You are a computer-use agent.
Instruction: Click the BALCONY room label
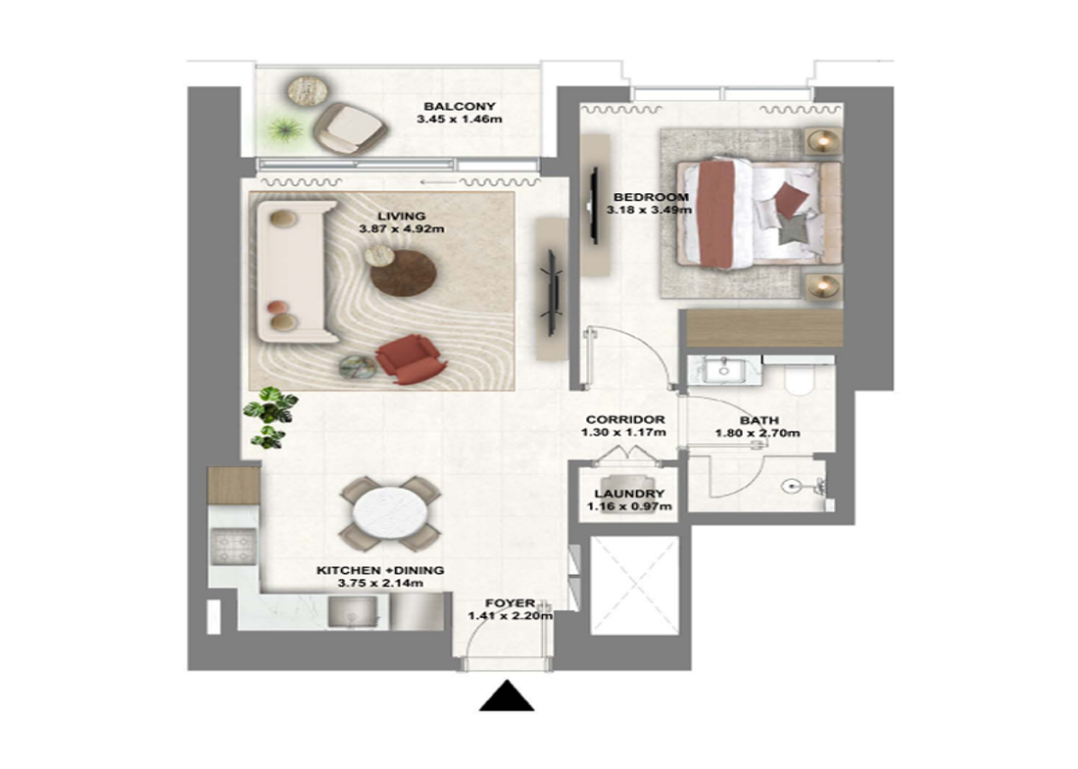click(x=460, y=107)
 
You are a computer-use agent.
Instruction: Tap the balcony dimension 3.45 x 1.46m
click(x=460, y=119)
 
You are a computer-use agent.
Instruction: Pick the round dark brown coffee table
click(x=404, y=273)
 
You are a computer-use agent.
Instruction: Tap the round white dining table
click(x=389, y=514)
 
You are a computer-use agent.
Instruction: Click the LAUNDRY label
click(x=629, y=494)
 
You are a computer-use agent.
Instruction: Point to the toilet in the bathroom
click(x=799, y=377)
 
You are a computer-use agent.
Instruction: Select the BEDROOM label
click(x=651, y=197)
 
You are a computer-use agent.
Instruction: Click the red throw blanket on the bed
click(x=717, y=213)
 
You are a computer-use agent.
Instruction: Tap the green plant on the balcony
click(x=282, y=128)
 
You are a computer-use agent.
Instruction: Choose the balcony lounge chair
click(x=349, y=128)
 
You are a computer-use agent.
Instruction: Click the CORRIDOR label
click(x=625, y=419)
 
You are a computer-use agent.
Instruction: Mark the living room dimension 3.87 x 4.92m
click(x=402, y=229)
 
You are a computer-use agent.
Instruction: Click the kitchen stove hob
click(x=232, y=547)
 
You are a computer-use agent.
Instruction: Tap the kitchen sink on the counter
click(x=353, y=611)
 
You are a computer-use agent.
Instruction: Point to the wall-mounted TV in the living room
click(x=552, y=294)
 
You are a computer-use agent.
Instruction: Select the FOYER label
click(x=511, y=603)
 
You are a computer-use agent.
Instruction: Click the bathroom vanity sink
click(x=723, y=369)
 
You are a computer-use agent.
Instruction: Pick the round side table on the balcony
click(x=308, y=90)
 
